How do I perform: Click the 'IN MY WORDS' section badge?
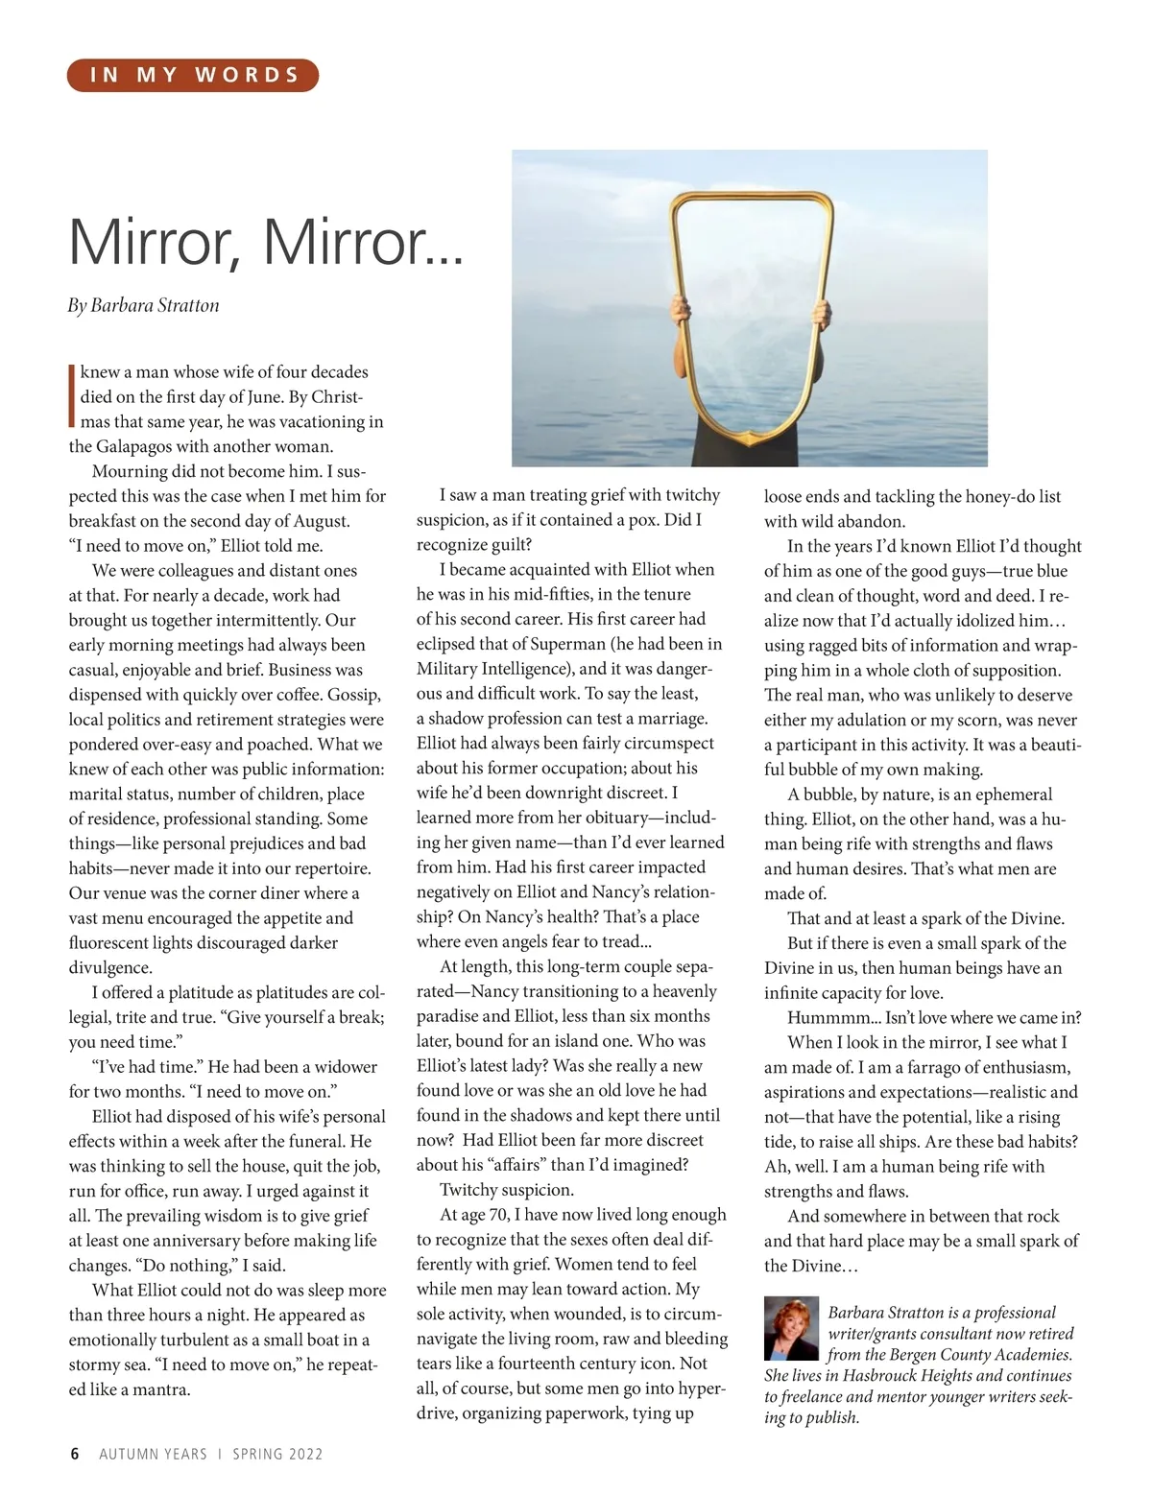(x=192, y=75)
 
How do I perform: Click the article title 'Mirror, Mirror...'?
(x=266, y=242)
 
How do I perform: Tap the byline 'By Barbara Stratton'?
(x=144, y=305)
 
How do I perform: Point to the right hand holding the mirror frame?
(x=820, y=313)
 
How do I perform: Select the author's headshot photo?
(x=791, y=1329)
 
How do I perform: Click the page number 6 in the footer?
(x=75, y=1454)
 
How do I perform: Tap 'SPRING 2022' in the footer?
(x=277, y=1454)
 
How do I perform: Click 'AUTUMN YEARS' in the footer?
(x=153, y=1454)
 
